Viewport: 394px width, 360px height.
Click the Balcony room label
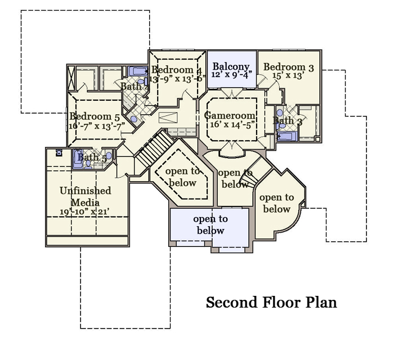tap(231, 66)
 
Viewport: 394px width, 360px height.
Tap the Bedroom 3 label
tap(288, 67)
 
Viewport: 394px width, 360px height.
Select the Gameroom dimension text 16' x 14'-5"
tap(232, 124)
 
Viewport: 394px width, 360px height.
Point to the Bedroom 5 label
tap(94, 116)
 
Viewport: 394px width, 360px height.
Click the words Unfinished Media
tap(86, 196)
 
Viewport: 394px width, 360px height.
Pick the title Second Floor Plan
tap(271, 302)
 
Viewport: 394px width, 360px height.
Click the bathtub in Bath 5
tap(78, 159)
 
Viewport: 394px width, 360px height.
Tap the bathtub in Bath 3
tap(287, 136)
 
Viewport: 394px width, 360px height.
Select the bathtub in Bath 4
tap(138, 71)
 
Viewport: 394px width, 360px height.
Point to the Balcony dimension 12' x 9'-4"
tap(231, 75)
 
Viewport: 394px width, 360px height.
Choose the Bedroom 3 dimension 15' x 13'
tap(289, 75)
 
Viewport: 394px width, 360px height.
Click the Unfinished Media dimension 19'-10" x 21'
tap(84, 212)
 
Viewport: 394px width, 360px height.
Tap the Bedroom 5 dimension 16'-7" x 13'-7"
tap(97, 126)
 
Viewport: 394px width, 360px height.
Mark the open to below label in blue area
tap(211, 224)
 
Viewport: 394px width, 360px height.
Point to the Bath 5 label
tap(92, 158)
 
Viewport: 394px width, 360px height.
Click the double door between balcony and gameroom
tap(232, 92)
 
